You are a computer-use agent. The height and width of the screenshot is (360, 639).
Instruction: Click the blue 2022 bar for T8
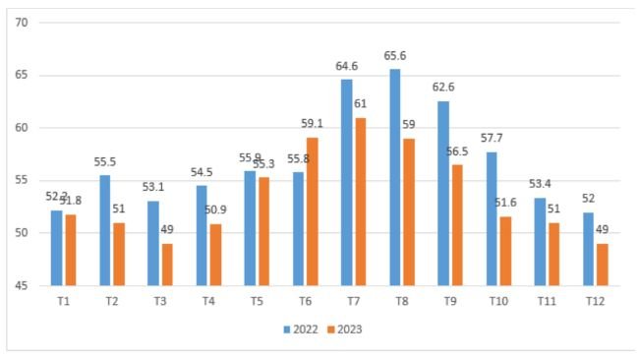click(395, 177)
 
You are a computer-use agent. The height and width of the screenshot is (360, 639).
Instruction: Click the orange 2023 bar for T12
click(603, 265)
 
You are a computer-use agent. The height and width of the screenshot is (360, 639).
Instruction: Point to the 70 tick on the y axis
click(22, 23)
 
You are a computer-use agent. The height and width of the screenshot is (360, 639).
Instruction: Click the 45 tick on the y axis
click(22, 286)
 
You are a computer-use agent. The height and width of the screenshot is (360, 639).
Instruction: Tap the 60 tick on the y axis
click(22, 128)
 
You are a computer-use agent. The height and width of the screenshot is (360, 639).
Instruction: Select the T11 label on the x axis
click(546, 302)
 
